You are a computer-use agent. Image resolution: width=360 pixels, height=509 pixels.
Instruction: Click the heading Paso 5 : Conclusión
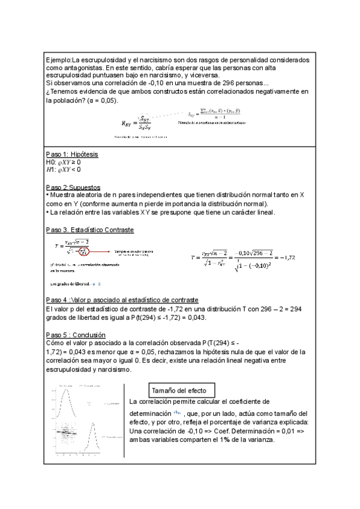(76, 334)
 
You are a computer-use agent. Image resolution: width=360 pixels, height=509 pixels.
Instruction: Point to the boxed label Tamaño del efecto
(181, 391)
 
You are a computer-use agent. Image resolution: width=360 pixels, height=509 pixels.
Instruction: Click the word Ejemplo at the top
(58, 61)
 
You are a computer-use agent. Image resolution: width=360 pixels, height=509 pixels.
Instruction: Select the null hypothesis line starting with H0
(63, 162)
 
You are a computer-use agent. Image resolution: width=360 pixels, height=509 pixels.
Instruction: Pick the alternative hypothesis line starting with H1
(63, 170)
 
